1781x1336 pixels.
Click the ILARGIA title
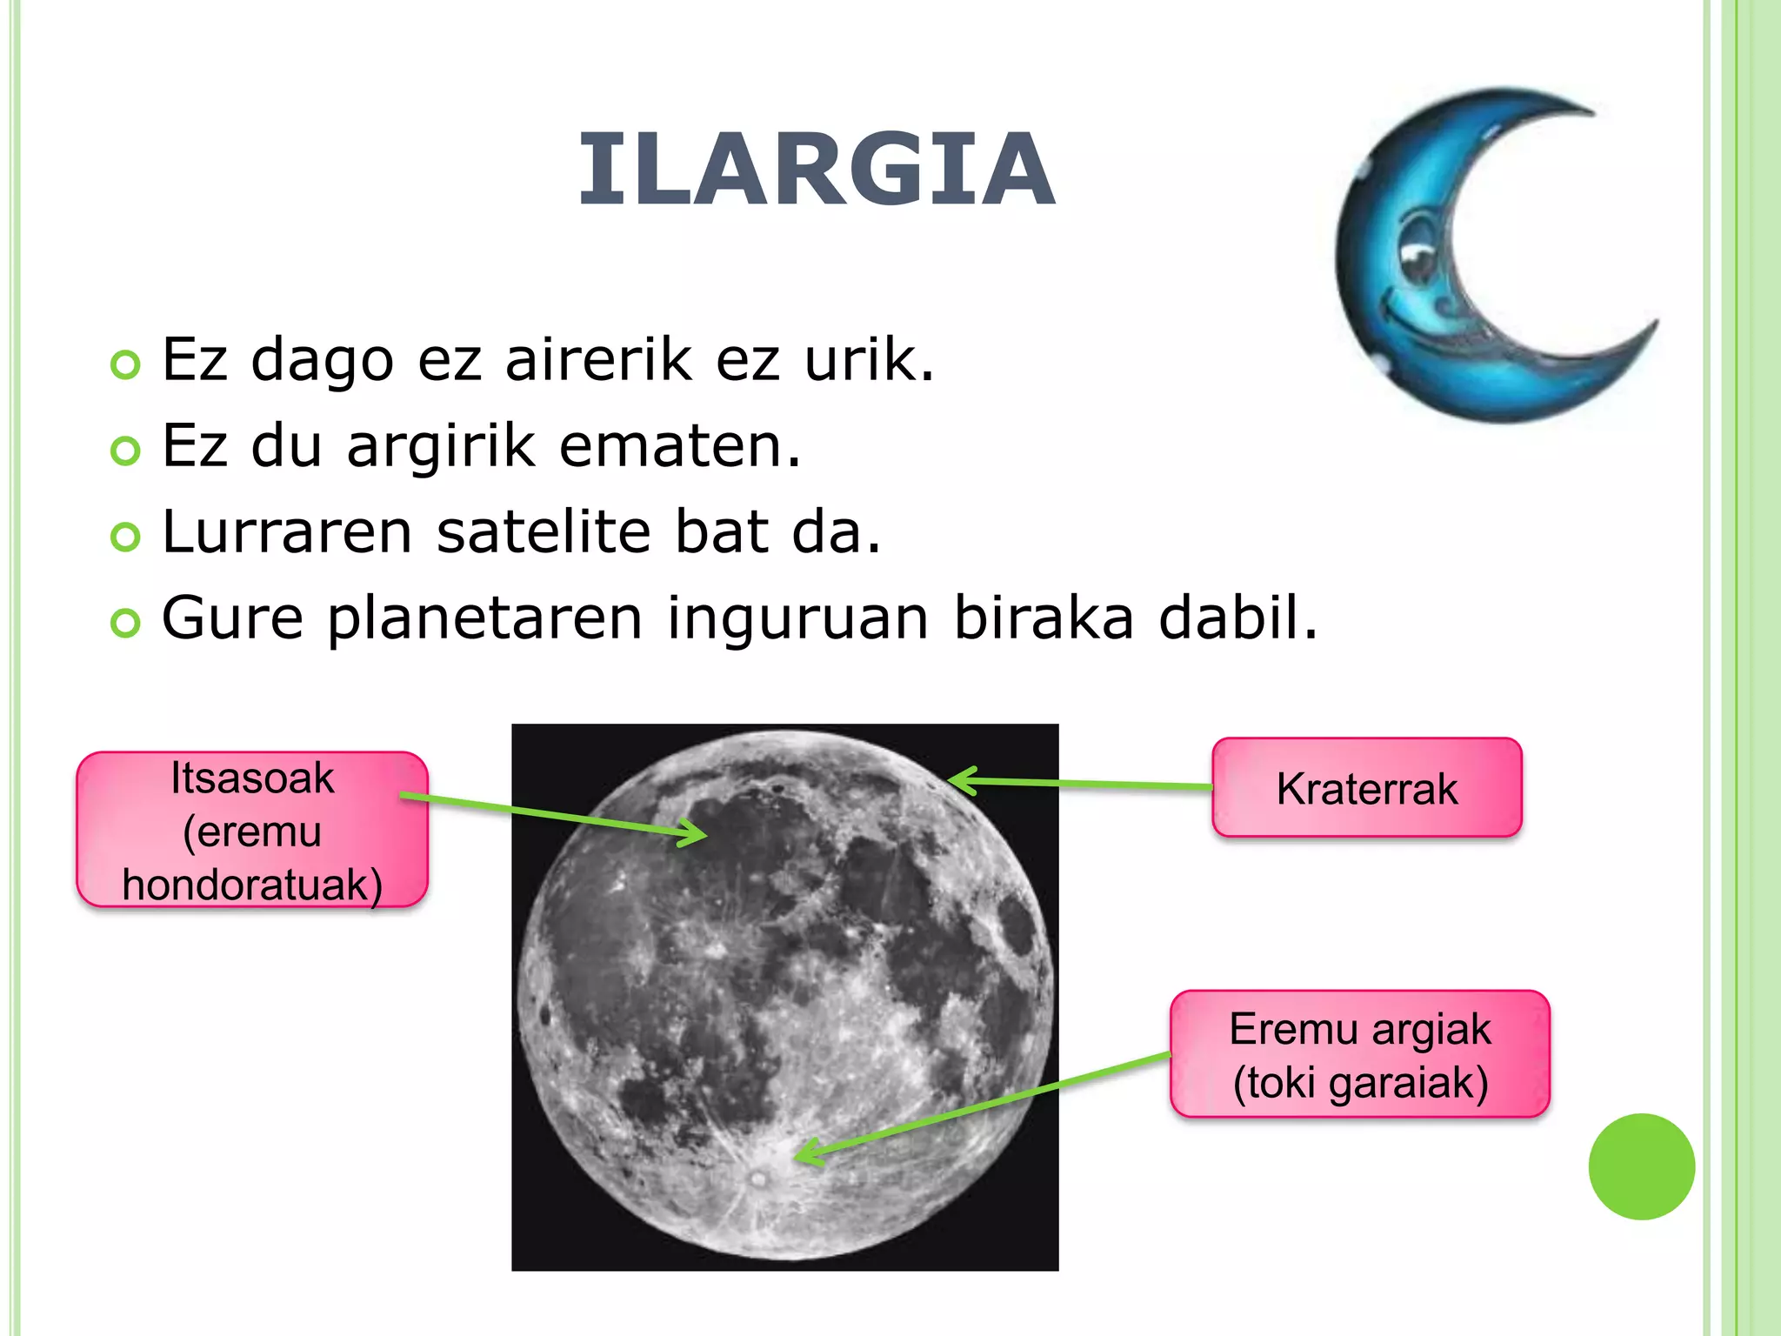tap(817, 170)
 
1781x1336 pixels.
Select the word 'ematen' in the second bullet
tap(678, 445)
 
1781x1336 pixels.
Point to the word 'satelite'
tap(544, 531)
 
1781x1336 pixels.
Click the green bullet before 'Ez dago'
tap(126, 364)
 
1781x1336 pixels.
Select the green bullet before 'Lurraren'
tap(126, 537)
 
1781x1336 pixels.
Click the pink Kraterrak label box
tap(1366, 787)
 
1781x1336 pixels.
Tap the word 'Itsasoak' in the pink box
tap(252, 778)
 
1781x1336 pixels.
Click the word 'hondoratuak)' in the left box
tap(252, 885)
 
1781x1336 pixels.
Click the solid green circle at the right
tap(1641, 1166)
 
